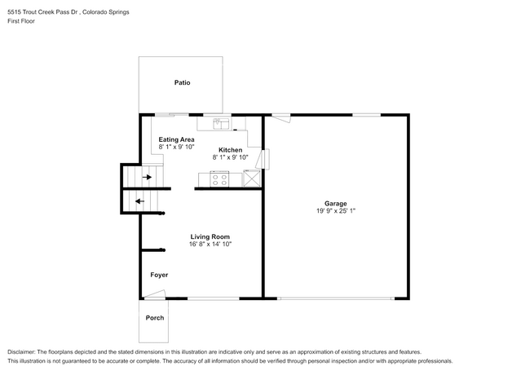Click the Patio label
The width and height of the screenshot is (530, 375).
[x=182, y=82]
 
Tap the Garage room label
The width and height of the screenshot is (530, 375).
[x=335, y=203]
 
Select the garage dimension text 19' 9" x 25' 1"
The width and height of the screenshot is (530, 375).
[x=335, y=210]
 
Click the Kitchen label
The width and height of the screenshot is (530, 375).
[x=230, y=150]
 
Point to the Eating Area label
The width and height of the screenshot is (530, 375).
[x=176, y=139]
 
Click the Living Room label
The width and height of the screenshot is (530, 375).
[x=210, y=236]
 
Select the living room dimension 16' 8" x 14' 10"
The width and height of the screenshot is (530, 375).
[x=210, y=244]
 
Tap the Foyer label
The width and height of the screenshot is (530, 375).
[x=159, y=275]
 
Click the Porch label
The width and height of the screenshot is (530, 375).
[x=155, y=318]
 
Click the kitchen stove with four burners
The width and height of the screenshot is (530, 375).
[x=219, y=179]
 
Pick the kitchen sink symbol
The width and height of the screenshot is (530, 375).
[x=222, y=124]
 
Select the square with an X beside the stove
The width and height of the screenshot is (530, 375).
[x=252, y=179]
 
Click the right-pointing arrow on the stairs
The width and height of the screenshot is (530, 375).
[x=148, y=176]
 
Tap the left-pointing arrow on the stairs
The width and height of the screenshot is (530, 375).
[x=139, y=201]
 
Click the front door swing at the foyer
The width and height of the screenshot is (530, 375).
[x=155, y=294]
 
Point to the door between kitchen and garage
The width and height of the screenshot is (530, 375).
[x=264, y=158]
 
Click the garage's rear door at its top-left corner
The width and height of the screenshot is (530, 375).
[x=280, y=118]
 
